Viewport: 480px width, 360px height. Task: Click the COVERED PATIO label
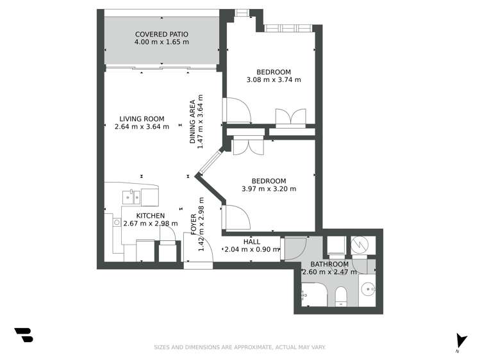pyautogui.click(x=161, y=34)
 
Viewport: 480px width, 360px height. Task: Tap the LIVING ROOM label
pyautogui.click(x=142, y=119)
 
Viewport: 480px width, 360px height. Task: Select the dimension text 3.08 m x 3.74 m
pyautogui.click(x=274, y=80)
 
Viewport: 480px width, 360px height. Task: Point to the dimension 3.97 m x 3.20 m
pyautogui.click(x=269, y=189)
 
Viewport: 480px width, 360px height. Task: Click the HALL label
pyautogui.click(x=252, y=241)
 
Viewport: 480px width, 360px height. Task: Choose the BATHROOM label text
pyautogui.click(x=329, y=264)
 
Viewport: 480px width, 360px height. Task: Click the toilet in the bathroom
pyautogui.click(x=341, y=295)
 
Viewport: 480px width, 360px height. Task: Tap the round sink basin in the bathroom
pyautogui.click(x=369, y=289)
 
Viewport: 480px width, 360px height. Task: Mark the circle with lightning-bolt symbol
pyautogui.click(x=359, y=245)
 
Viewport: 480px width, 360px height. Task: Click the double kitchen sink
pyautogui.click(x=135, y=195)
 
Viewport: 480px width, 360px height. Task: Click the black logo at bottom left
pyautogui.click(x=23, y=335)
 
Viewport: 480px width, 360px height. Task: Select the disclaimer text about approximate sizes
pyautogui.click(x=240, y=347)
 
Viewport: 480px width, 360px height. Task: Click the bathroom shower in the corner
pyautogui.click(x=310, y=291)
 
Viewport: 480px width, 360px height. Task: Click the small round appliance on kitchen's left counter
pyautogui.click(x=117, y=222)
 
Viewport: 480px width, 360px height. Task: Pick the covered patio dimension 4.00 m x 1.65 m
pyautogui.click(x=161, y=42)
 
